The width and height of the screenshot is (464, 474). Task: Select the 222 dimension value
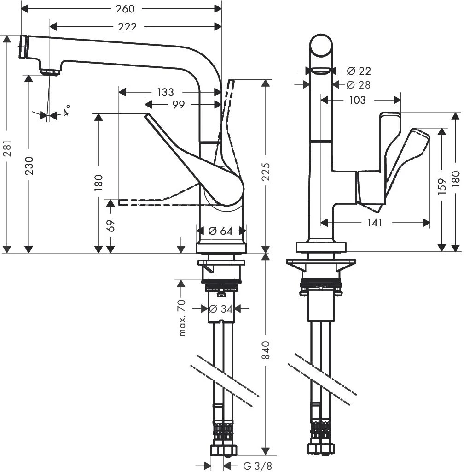pyautogui.click(x=127, y=27)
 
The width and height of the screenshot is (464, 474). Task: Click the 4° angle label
pyautogui.click(x=67, y=111)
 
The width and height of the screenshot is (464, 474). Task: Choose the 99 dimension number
pyautogui.click(x=179, y=105)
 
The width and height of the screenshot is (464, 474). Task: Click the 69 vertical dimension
pyautogui.click(x=110, y=225)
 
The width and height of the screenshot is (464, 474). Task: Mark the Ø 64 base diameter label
pyautogui.click(x=221, y=231)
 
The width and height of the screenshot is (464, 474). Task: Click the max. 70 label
pyautogui.click(x=182, y=317)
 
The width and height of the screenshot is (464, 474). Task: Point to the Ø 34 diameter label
pyautogui.click(x=220, y=308)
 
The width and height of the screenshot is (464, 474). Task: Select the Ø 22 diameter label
pyautogui.click(x=359, y=71)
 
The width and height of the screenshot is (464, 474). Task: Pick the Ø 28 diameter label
pyautogui.click(x=359, y=85)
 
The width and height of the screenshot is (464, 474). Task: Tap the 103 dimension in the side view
pyautogui.click(x=358, y=100)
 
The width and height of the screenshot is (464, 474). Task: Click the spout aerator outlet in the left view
pyautogui.click(x=50, y=71)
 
